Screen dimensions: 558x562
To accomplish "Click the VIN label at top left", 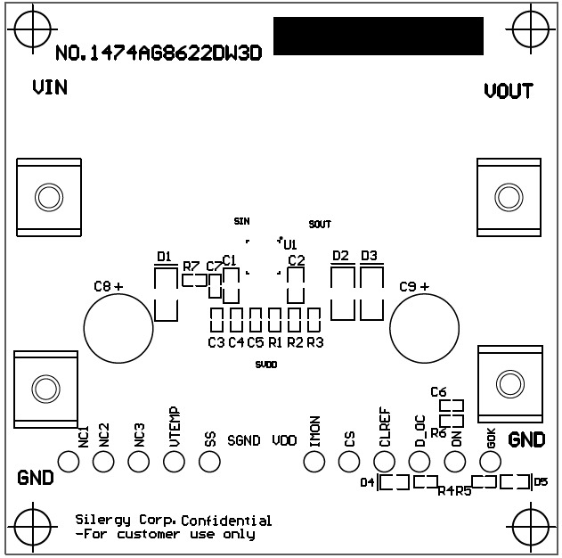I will [x=50, y=87].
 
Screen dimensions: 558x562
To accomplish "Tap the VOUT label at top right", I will [x=509, y=91].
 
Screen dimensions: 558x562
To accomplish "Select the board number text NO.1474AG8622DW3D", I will [x=159, y=53].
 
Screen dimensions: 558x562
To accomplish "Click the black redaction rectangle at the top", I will [x=379, y=37].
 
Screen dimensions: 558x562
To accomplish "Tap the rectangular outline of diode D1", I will [x=165, y=294].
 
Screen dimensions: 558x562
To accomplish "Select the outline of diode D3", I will [x=371, y=293].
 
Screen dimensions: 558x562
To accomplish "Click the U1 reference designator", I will [x=289, y=243].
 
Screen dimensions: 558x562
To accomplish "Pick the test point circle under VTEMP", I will [x=174, y=461].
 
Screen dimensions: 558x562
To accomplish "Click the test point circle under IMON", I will [x=314, y=461].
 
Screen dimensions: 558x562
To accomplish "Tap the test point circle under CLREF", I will [x=384, y=461].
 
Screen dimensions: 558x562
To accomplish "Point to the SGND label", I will [x=243, y=440].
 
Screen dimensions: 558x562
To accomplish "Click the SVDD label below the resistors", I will [x=265, y=365].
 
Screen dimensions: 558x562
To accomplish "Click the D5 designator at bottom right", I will [x=541, y=482].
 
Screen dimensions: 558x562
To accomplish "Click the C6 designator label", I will [x=437, y=391].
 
